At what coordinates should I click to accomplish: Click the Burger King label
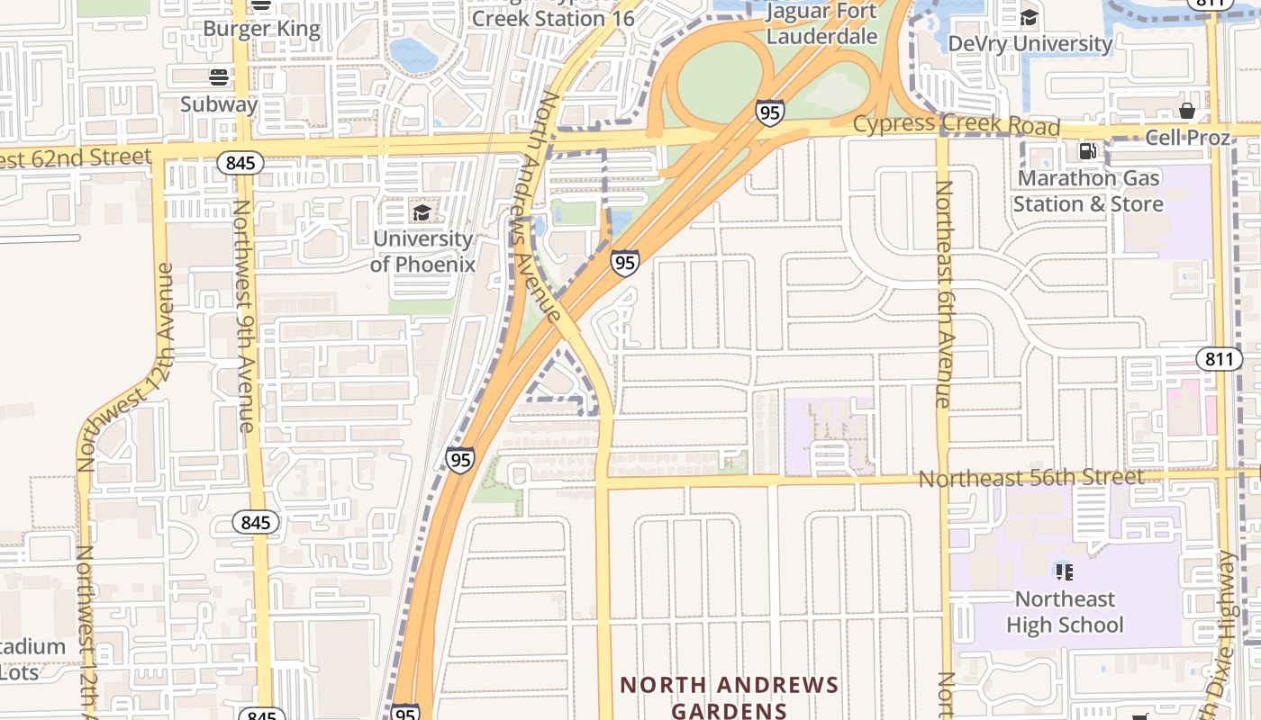[x=261, y=29]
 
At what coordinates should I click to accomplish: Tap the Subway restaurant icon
[x=219, y=77]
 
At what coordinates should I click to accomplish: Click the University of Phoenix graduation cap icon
[x=422, y=212]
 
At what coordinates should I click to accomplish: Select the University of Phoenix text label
[x=422, y=251]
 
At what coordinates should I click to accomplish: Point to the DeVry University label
[x=1030, y=43]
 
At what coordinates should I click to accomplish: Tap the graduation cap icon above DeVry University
[x=1029, y=17]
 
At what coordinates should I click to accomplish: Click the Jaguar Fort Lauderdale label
[x=821, y=24]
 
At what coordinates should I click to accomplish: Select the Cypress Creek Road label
[x=956, y=124]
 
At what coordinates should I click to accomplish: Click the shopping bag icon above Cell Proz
[x=1187, y=111]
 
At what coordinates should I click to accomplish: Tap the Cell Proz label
[x=1187, y=138]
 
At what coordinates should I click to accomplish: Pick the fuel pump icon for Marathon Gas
[x=1087, y=151]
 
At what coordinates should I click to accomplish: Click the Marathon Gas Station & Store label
[x=1087, y=191]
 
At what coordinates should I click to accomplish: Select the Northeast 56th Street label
[x=1030, y=477]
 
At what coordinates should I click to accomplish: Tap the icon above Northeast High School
[x=1064, y=571]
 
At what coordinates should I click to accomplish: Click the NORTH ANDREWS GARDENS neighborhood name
[x=729, y=697]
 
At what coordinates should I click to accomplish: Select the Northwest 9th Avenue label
[x=243, y=315]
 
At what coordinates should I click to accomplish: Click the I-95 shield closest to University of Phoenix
[x=624, y=262]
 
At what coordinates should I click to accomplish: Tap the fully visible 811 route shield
[x=1219, y=359]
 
